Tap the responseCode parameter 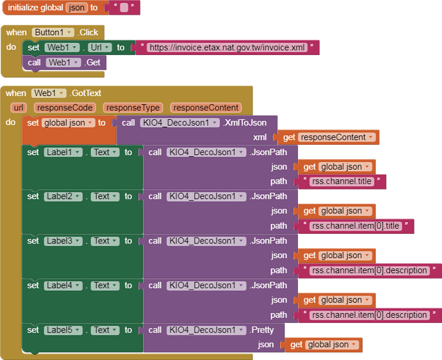(64, 108)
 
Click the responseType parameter (133, 108)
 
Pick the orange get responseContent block (327, 137)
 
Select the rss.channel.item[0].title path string (356, 225)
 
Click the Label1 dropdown (63, 152)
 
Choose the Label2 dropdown (63, 197)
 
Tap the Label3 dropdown (63, 241)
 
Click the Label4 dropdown (63, 285)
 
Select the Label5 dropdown (63, 330)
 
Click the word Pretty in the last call (262, 330)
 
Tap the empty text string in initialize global (124, 8)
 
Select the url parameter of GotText (19, 108)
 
